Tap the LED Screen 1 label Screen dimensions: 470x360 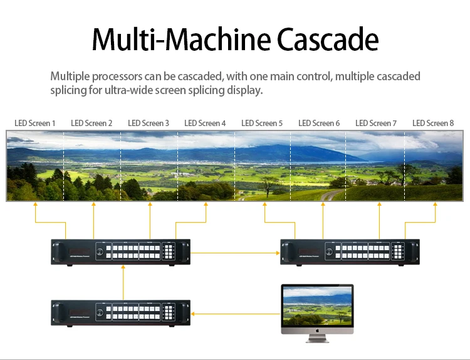coord(35,123)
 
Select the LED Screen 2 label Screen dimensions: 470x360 coord(91,123)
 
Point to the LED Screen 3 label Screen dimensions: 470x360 coord(149,123)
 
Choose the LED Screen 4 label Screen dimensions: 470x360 coord(205,123)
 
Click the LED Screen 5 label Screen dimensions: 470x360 coord(262,123)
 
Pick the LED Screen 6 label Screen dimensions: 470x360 coord(319,123)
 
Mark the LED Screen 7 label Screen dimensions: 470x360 coord(376,123)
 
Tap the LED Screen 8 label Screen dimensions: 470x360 coord(433,123)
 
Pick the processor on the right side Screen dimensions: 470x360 coord(350,252)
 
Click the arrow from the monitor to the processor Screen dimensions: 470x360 coord(236,313)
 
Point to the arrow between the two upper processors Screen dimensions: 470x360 coord(235,253)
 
